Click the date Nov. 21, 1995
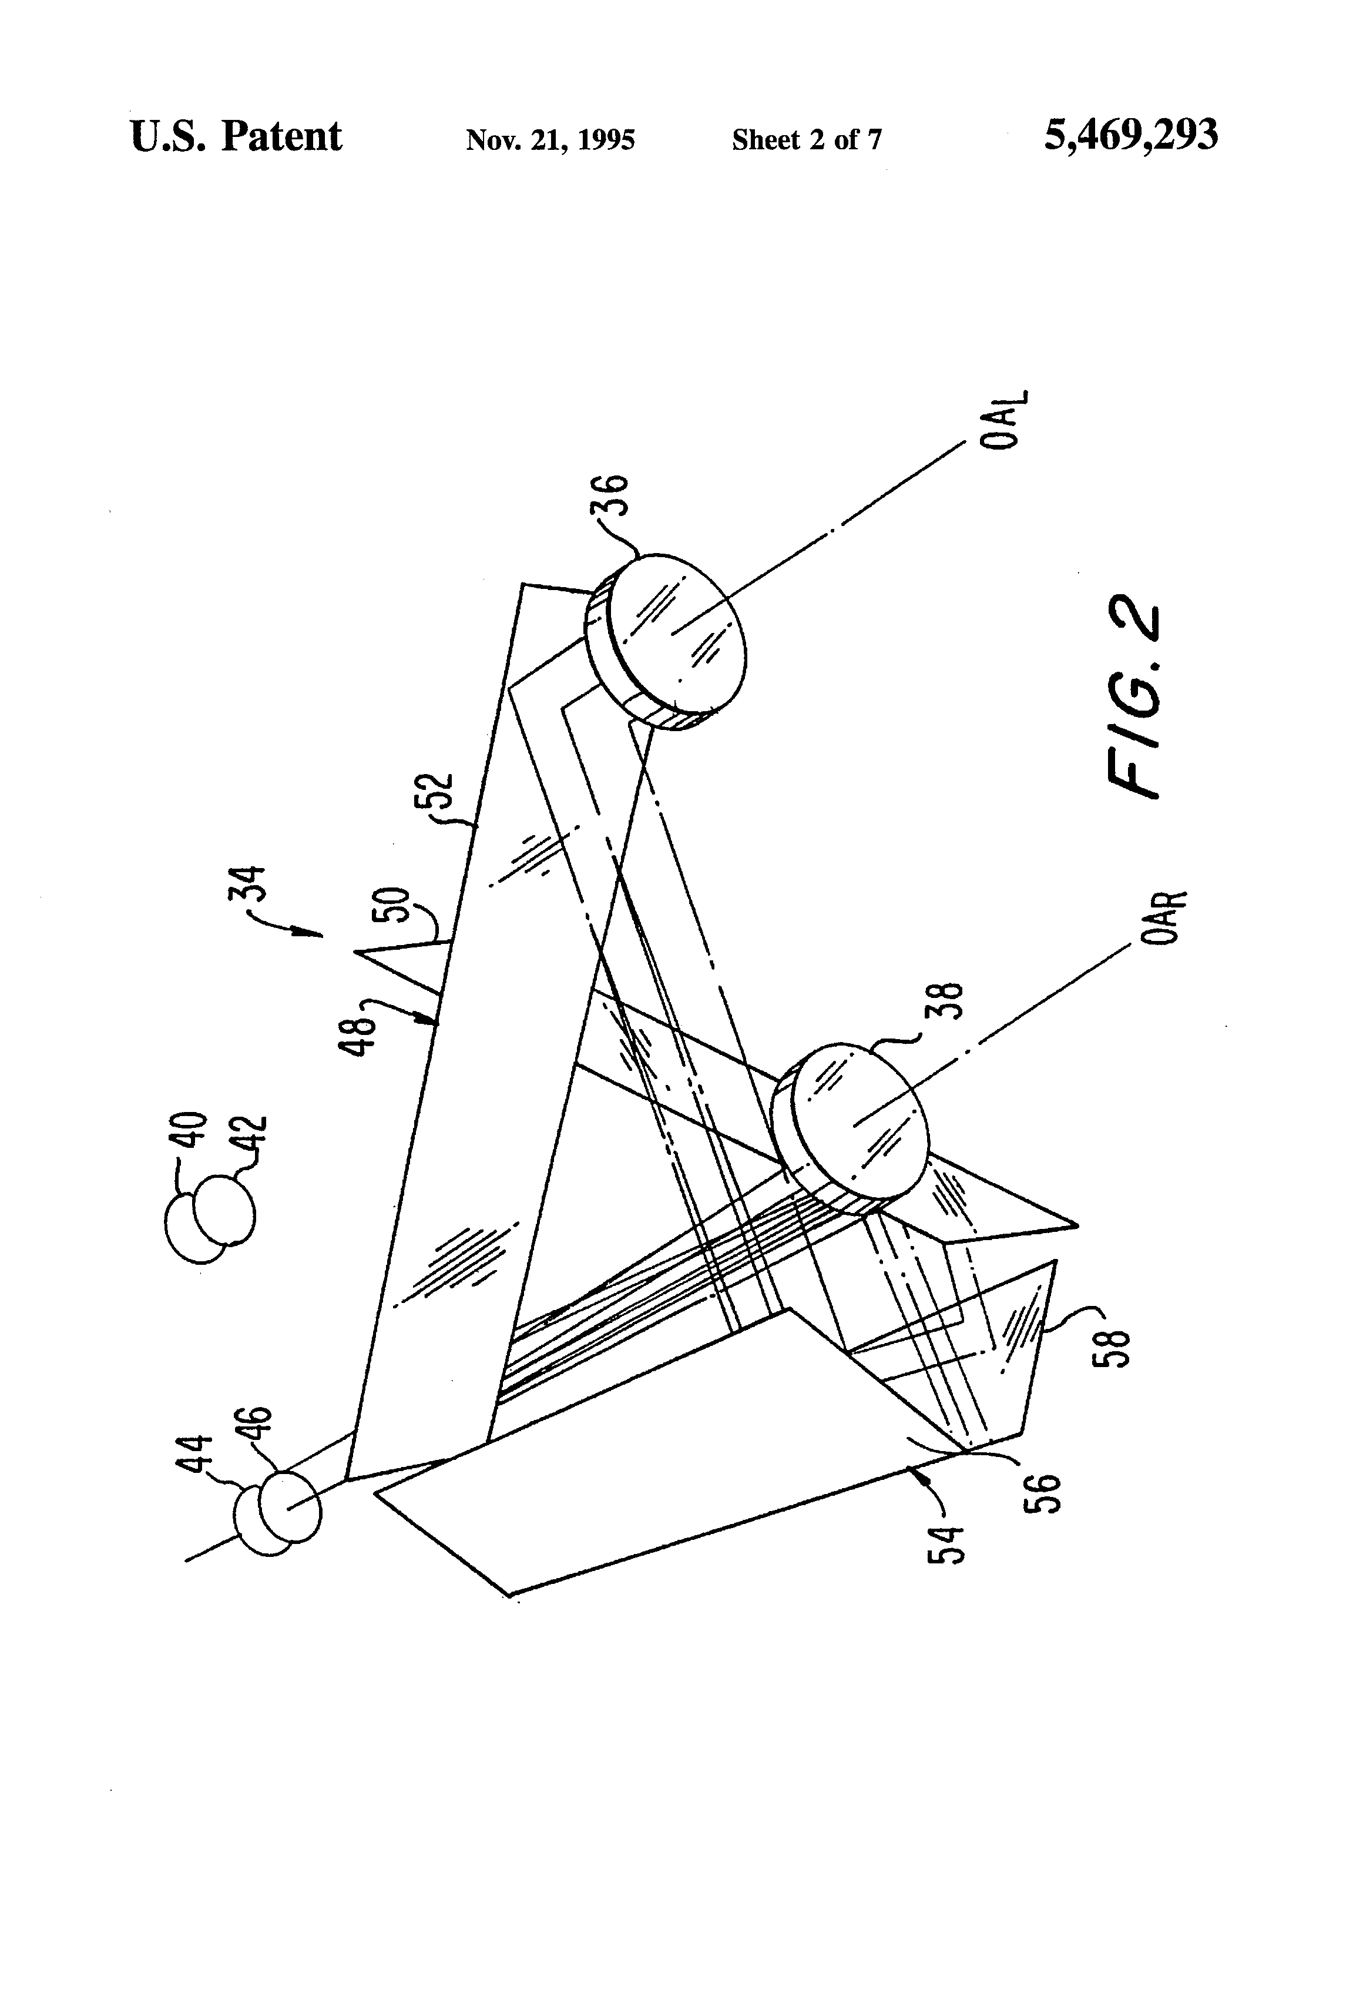pos(550,140)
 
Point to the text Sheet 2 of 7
pos(807,140)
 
